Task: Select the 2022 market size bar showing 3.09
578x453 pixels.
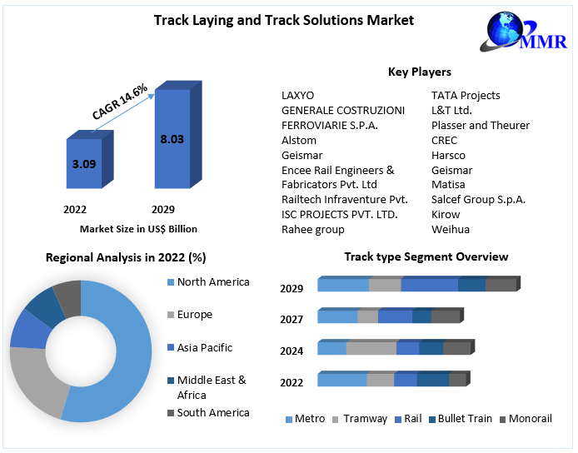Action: pos(83,163)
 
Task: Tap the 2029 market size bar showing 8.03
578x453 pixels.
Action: pos(172,139)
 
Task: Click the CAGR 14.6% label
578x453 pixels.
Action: pos(120,102)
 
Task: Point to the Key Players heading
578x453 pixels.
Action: pos(420,72)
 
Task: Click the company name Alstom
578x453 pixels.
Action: pos(299,140)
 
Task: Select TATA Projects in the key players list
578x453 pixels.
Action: pos(466,95)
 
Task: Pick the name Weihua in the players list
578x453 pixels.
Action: pos(451,229)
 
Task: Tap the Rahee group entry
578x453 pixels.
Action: pos(313,229)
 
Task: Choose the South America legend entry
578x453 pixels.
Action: pos(213,412)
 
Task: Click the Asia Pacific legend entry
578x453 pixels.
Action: pos(205,347)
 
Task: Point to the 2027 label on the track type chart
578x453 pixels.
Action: pos(291,319)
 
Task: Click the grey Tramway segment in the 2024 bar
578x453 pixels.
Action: pos(371,348)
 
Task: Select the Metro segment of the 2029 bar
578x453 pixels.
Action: pos(343,285)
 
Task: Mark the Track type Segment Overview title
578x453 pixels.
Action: pos(426,256)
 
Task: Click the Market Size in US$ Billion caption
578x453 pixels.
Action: pos(138,228)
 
